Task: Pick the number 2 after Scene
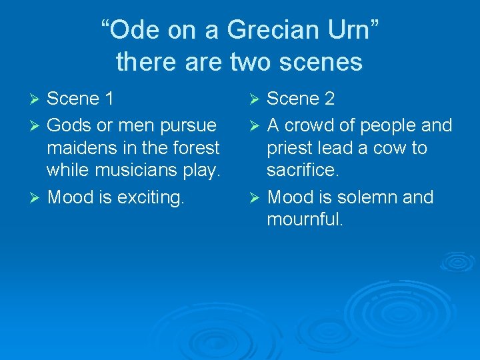(x=328, y=99)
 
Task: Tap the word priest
(x=296, y=148)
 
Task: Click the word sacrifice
(x=303, y=171)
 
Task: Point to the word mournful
(x=305, y=220)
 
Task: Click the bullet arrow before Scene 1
(x=37, y=100)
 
